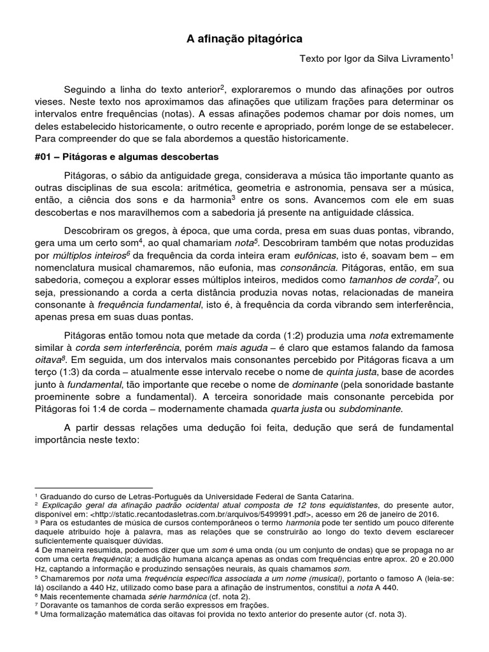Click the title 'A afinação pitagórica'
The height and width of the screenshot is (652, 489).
(x=244, y=39)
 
